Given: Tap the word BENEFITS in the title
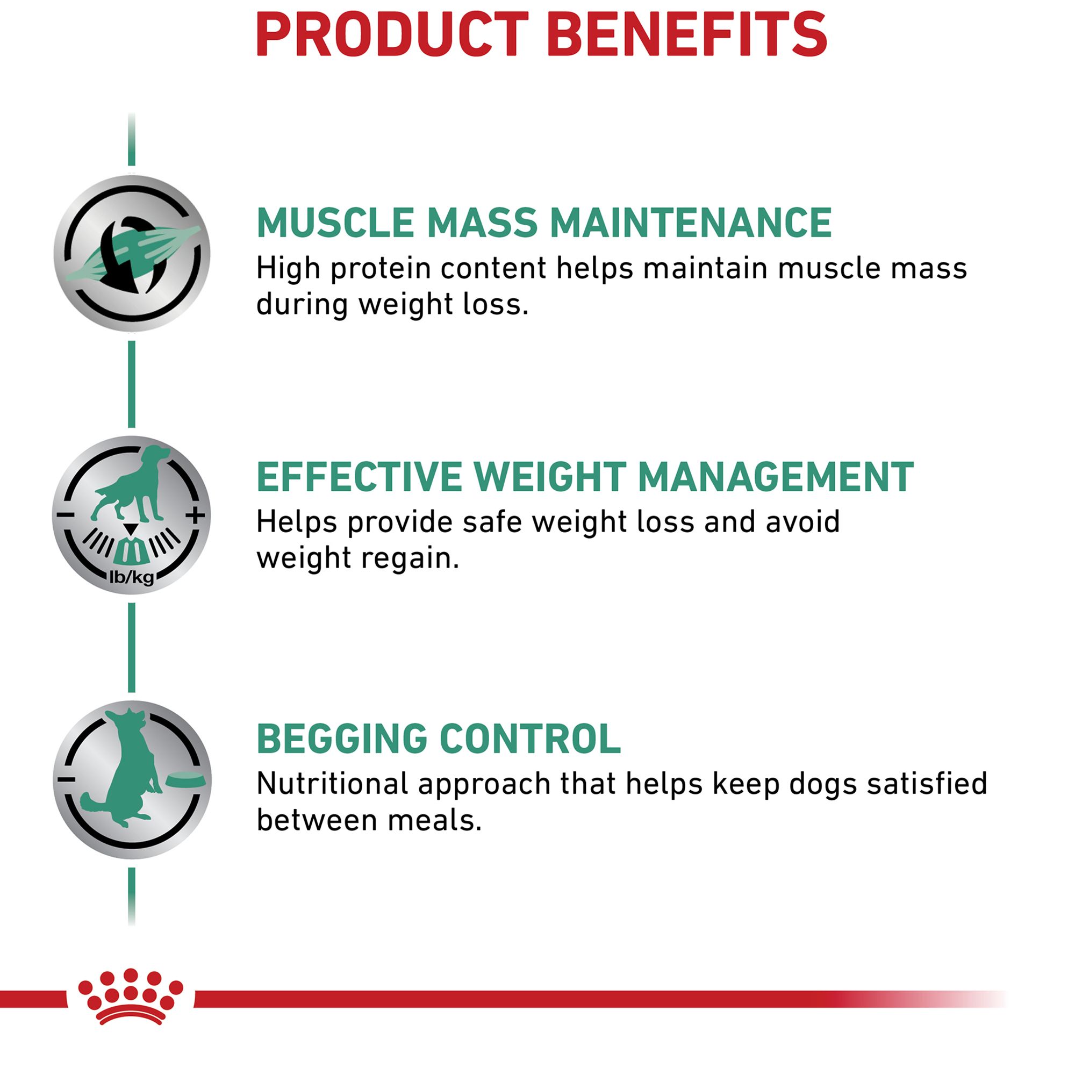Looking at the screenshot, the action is pos(688,34).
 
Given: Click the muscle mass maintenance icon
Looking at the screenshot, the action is pos(132,253).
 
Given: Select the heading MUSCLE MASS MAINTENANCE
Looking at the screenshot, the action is pos(543,223).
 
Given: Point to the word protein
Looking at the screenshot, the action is pos(381,269).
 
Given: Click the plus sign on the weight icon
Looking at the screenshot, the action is pos(195,515).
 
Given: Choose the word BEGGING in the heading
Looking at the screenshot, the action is pos(342,739).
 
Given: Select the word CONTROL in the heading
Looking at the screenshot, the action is pos(531,739).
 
